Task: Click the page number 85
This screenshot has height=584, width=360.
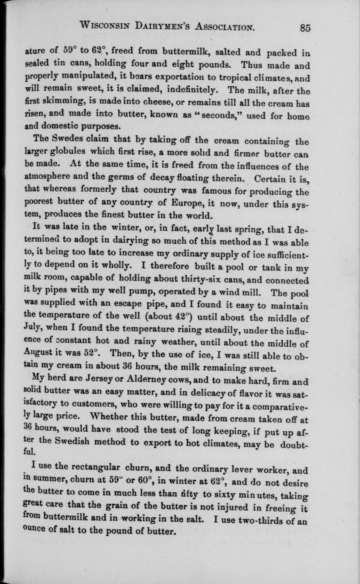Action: click(x=305, y=28)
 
